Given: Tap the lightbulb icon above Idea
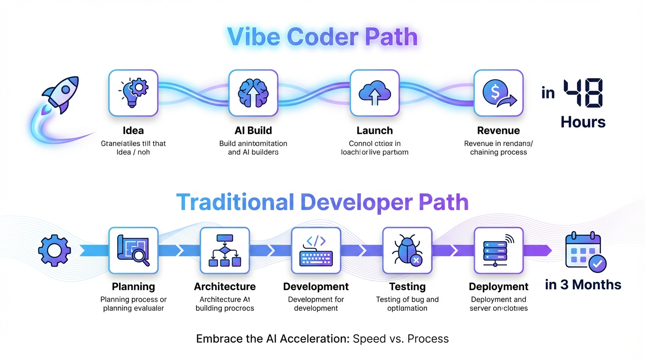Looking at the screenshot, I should [x=133, y=93].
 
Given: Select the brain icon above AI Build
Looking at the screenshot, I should [x=253, y=93].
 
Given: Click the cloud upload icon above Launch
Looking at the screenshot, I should [x=375, y=93].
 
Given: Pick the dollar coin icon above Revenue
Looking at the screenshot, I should [x=498, y=93].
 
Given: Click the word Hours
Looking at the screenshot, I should [x=583, y=122].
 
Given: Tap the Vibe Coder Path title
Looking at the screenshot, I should [x=322, y=37].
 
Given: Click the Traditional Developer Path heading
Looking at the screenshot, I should [x=322, y=202].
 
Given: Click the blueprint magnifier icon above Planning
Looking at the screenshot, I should [x=133, y=250].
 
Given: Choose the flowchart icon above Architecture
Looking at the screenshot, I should [x=225, y=250].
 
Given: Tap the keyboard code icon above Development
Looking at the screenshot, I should [x=316, y=250].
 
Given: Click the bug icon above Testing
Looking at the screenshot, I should [x=407, y=250].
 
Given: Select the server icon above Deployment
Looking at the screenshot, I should [x=498, y=250].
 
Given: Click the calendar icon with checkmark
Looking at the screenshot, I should [x=585, y=251].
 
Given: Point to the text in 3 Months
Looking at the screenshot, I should [x=583, y=285].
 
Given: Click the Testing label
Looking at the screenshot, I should [x=407, y=286].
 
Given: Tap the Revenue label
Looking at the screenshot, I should [x=498, y=130].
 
